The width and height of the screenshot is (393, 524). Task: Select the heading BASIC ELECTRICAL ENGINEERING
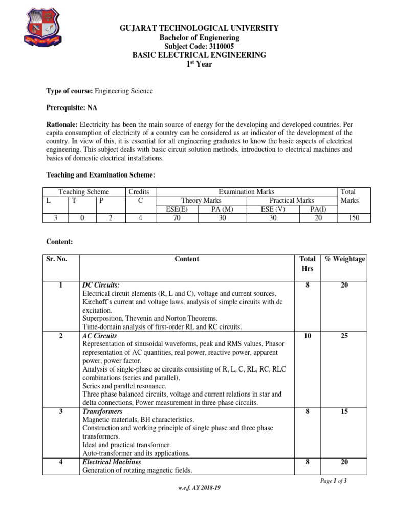pos(200,55)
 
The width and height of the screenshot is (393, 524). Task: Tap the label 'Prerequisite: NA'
pos(72,108)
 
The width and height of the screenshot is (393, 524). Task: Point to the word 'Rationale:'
pos(62,125)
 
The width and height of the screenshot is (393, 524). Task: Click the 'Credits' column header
pos(138,192)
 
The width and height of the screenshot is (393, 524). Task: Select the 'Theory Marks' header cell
pos(201,201)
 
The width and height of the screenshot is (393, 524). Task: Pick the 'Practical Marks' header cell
pos(292,201)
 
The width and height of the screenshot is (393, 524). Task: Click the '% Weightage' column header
pos(345,259)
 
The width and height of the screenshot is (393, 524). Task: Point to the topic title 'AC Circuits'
pos(99,336)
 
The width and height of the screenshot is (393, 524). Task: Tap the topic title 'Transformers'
pos(102,411)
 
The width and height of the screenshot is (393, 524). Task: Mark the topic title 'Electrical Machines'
pos(112,462)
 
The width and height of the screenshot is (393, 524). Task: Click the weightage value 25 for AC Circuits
pos(344,336)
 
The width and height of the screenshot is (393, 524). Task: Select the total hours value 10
pos(307,336)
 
